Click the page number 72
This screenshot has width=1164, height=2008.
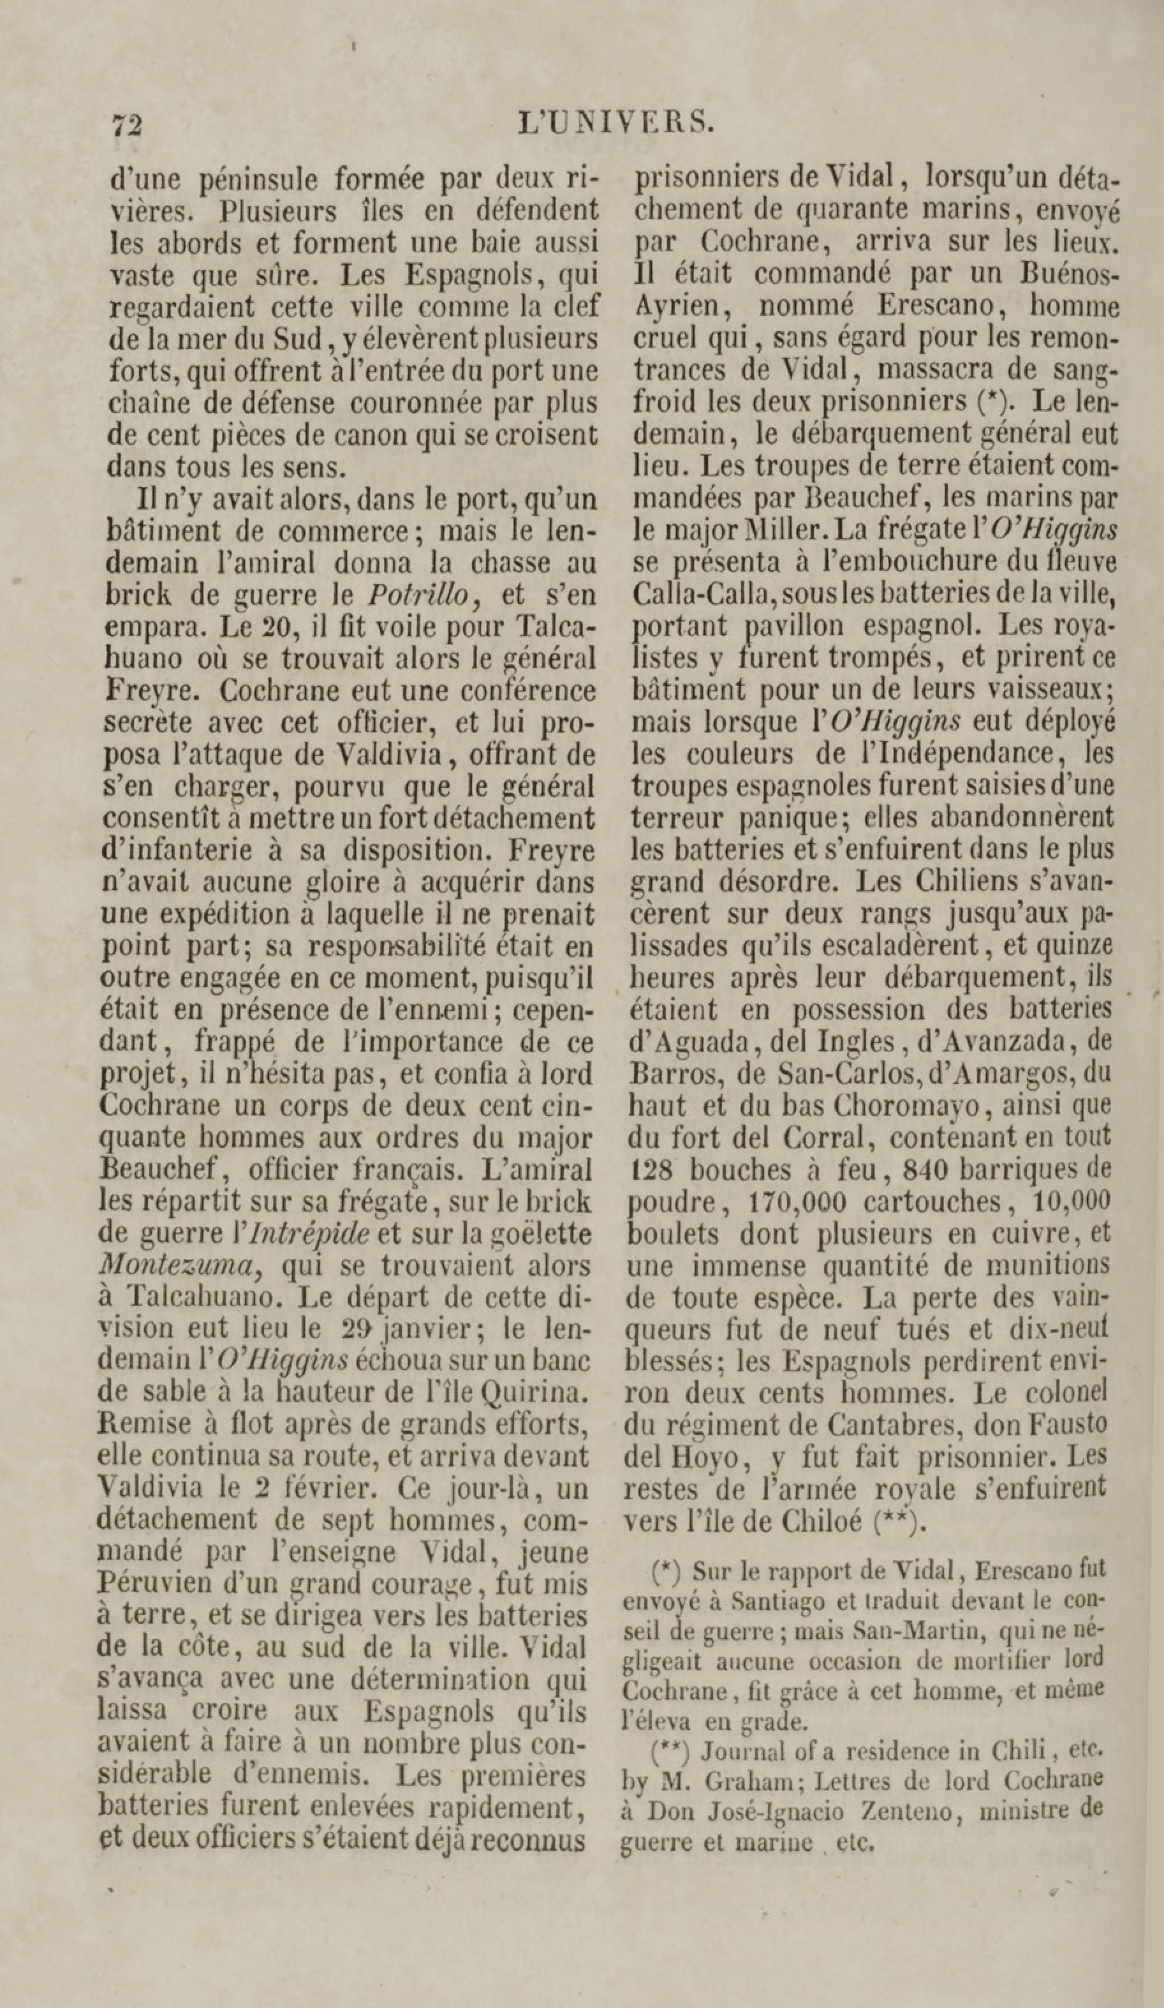pyautogui.click(x=127, y=126)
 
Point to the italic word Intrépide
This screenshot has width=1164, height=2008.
pyautogui.click(x=308, y=1233)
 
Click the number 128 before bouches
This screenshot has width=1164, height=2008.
pyautogui.click(x=652, y=1169)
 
